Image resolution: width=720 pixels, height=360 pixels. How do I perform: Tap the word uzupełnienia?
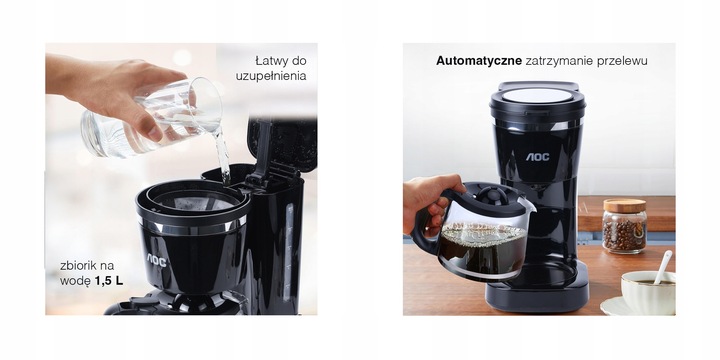click(271, 76)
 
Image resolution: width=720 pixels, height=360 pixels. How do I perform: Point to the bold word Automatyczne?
click(479, 61)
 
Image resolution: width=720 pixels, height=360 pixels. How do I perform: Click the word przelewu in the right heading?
click(621, 61)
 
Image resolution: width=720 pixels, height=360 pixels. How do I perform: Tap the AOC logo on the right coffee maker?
click(538, 157)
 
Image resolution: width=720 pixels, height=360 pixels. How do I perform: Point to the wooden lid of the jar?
click(624, 205)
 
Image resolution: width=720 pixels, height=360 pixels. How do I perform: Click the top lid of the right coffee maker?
click(537, 96)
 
